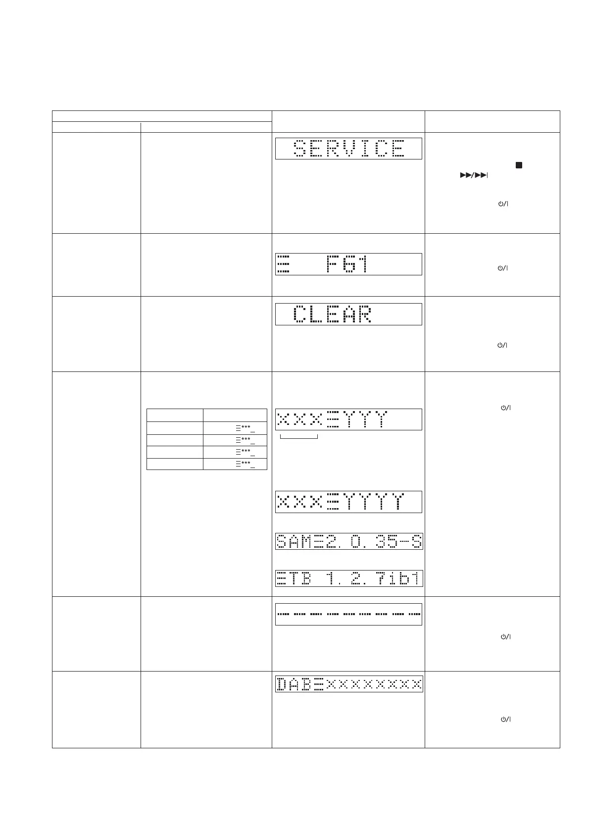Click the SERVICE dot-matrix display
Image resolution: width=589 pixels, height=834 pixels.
(x=348, y=149)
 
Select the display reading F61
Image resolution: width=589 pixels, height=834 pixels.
(x=348, y=264)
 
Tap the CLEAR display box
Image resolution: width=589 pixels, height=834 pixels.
(x=348, y=314)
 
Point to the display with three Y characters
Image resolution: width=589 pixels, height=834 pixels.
(x=348, y=419)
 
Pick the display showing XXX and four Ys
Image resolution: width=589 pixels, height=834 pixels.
(x=348, y=502)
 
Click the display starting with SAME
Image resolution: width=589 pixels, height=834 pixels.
(x=348, y=541)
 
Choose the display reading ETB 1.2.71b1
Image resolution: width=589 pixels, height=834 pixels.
(x=348, y=578)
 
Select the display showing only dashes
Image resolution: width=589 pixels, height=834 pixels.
(x=348, y=614)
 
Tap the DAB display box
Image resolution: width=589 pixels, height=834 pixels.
(x=348, y=684)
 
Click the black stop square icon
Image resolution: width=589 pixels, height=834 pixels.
(x=519, y=165)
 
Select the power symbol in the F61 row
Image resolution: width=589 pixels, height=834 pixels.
(x=503, y=268)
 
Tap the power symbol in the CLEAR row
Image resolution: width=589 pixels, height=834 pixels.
(x=503, y=345)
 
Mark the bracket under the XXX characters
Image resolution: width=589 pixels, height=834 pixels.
(x=298, y=437)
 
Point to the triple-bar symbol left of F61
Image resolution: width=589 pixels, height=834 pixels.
(x=283, y=264)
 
